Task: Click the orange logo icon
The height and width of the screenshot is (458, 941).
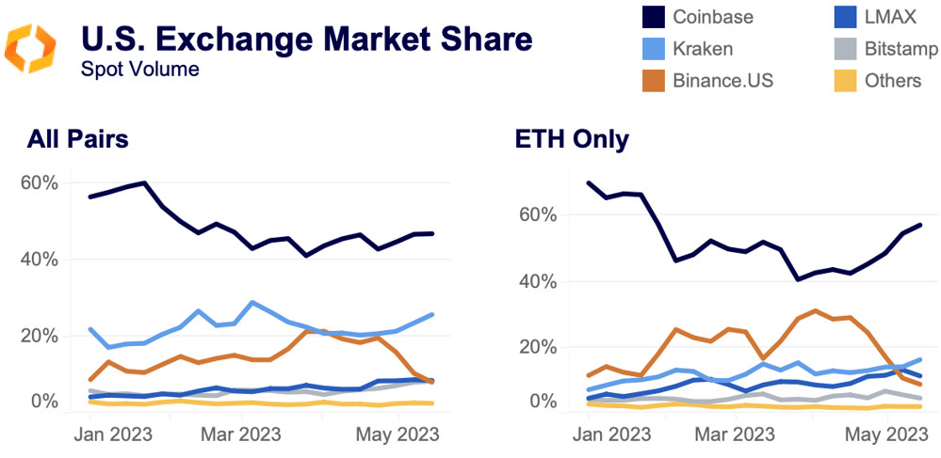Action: click(30, 49)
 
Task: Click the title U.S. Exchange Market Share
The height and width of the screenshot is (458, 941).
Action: click(306, 39)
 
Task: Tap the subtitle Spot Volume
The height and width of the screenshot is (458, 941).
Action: click(139, 69)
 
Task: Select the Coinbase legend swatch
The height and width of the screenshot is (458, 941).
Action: click(654, 16)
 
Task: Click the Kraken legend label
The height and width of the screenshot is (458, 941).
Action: click(703, 48)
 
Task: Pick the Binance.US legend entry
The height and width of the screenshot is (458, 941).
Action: click(722, 80)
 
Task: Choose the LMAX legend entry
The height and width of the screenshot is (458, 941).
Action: click(888, 16)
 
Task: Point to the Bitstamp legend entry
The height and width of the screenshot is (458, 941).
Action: click(900, 48)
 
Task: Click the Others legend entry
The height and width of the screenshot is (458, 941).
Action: click(892, 80)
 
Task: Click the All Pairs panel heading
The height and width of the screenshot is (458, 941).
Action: click(78, 139)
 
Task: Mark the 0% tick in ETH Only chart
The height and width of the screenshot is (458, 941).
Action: click(544, 402)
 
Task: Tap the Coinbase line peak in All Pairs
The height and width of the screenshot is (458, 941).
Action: click(143, 182)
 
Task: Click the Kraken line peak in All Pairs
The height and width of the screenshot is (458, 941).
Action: click(252, 303)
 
